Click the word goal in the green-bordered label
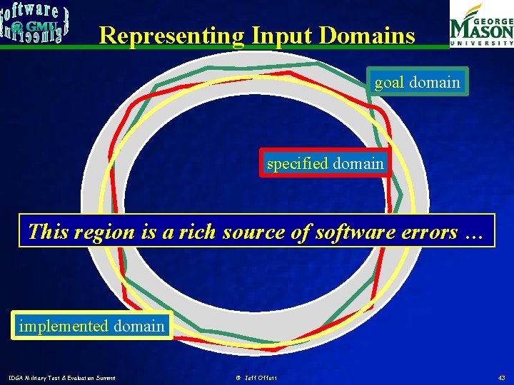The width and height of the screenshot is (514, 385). click(389, 82)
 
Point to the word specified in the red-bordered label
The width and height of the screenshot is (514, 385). click(297, 163)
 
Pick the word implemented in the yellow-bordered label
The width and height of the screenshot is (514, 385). click(64, 326)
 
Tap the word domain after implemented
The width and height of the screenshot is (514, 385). click(138, 326)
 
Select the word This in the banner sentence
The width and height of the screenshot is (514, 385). click(47, 232)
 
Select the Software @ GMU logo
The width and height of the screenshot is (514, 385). click(34, 24)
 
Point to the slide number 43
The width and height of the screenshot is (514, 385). click(501, 377)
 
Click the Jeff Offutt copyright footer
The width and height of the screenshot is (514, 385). click(256, 377)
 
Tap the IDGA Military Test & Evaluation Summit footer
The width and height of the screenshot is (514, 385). click(62, 377)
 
